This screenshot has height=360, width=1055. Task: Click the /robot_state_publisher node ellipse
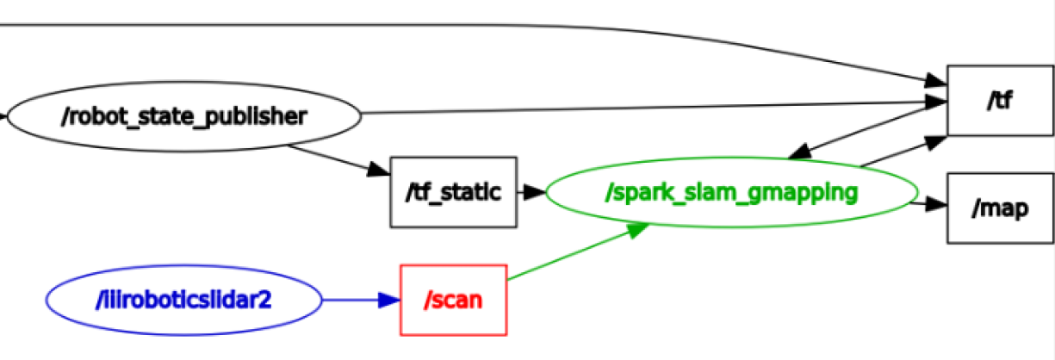pyautogui.click(x=183, y=116)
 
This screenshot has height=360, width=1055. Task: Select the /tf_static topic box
pyautogui.click(x=453, y=192)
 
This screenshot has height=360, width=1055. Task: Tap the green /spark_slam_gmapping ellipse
pyautogui.click(x=732, y=193)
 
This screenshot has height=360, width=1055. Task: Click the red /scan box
pyautogui.click(x=453, y=300)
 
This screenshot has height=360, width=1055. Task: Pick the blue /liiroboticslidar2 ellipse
pyautogui.click(x=183, y=300)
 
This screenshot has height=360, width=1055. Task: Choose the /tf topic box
pyautogui.click(x=1000, y=100)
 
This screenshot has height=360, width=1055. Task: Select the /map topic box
pyautogui.click(x=1000, y=208)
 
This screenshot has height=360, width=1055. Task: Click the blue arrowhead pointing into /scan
pyautogui.click(x=390, y=301)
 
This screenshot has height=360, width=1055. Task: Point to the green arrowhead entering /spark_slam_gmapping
pyautogui.click(x=638, y=228)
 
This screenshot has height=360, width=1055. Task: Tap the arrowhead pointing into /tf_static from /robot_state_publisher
pyautogui.click(x=379, y=170)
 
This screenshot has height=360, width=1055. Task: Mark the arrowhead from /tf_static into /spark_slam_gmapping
pyautogui.click(x=535, y=193)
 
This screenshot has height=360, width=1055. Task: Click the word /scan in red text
pyautogui.click(x=453, y=301)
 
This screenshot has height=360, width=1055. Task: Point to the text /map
pyautogui.click(x=1000, y=208)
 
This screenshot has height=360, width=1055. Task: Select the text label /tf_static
pyautogui.click(x=453, y=193)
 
